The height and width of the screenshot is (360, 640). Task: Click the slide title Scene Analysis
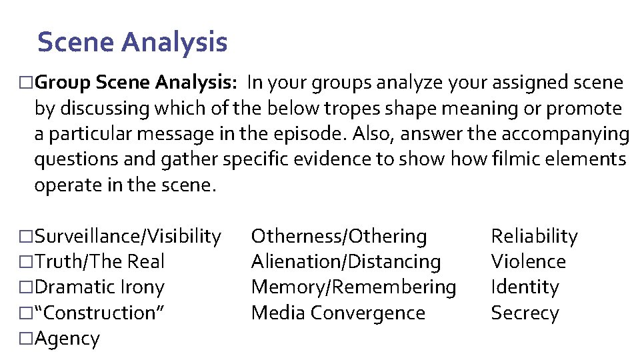point(132,42)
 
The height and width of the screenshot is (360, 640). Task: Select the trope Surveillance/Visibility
point(127,236)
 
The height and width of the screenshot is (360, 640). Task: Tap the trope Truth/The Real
point(99,261)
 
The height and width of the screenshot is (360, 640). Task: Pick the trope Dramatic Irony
point(99,287)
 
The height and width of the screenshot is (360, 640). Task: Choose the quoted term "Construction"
point(99,313)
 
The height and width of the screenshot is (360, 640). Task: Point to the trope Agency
point(67,338)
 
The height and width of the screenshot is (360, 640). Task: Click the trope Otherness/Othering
point(339,236)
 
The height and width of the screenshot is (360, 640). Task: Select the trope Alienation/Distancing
point(345,261)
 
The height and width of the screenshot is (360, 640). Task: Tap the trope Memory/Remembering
point(353,287)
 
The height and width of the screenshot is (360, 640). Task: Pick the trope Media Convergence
point(338,313)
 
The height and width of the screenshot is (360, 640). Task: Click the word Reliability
point(534,236)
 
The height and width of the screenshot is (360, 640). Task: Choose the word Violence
point(528,261)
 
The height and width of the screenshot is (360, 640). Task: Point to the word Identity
point(525,287)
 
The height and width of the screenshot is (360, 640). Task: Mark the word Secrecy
point(525,313)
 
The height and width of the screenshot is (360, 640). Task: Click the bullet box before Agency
point(26,339)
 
